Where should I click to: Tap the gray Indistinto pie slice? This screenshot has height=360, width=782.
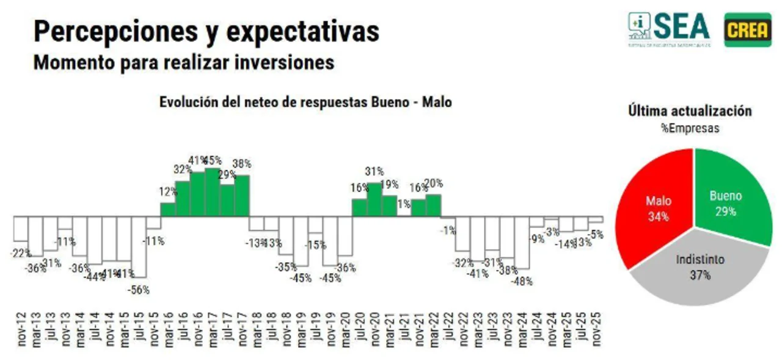coord(696,269)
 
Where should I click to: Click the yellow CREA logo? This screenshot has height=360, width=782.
coord(747,29)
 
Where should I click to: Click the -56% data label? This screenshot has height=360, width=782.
coord(138,290)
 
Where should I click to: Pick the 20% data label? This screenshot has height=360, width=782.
coord(433,183)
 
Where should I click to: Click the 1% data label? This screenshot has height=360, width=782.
coord(403,205)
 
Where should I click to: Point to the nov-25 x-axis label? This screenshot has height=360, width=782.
coord(597,331)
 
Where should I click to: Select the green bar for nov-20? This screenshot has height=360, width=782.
coord(375,199)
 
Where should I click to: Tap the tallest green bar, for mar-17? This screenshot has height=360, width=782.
coord(212,192)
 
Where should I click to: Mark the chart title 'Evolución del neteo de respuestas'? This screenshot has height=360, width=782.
coord(305,102)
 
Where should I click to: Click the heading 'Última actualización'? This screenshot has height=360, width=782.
coord(690,111)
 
